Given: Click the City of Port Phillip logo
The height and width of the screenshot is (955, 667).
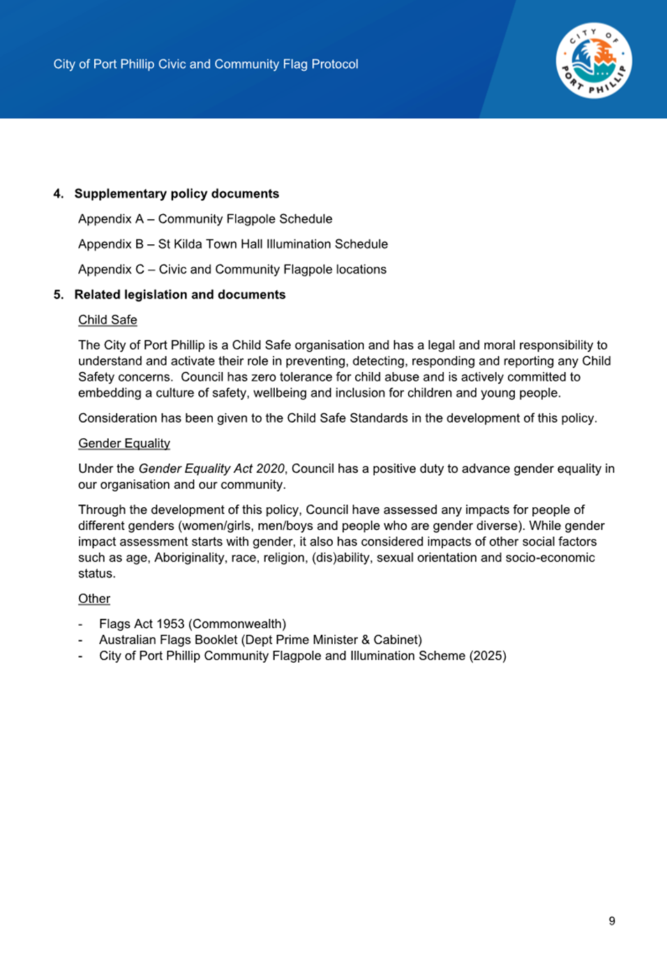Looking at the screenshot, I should tap(594, 61).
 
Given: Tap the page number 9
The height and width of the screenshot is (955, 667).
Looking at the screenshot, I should tap(612, 921).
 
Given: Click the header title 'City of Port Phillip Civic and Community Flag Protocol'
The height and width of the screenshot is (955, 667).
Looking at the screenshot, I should tap(206, 64).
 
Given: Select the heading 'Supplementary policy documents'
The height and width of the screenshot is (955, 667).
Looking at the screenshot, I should tap(177, 194).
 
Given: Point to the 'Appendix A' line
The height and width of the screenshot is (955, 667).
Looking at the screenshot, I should tap(205, 219).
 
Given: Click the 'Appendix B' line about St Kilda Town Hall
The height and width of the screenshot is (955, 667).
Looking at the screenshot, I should tap(233, 244).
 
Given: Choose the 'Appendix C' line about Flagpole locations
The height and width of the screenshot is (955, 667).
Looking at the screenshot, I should tap(232, 269).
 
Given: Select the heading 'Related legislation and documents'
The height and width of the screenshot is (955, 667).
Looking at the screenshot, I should tap(180, 294).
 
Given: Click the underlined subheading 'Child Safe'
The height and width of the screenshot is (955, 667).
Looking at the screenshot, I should tap(107, 320).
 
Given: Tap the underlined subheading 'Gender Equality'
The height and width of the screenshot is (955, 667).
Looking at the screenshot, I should tap(124, 444).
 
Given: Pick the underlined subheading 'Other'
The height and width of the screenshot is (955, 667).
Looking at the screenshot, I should tap(94, 599).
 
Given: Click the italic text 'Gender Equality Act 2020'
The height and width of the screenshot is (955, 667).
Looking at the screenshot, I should tap(211, 469).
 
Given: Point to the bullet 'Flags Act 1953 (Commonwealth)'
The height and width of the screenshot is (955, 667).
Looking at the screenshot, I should tap(193, 624).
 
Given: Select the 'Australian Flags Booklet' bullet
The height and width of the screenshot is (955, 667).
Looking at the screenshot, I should tap(260, 640).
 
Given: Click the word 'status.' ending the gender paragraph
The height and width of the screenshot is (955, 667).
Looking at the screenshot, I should tap(97, 574).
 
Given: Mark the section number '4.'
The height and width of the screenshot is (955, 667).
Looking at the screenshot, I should tap(59, 194).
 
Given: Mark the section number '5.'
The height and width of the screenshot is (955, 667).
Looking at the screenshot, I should tap(59, 294).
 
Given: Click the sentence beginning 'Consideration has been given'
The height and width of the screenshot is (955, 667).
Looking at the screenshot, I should tap(338, 419).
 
